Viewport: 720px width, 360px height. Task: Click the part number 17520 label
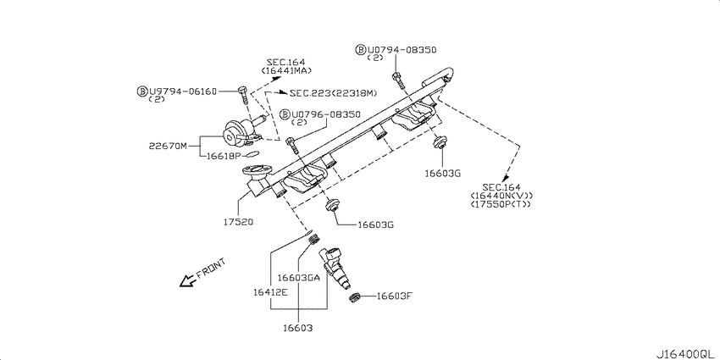[238, 222]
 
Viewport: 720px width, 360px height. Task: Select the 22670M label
[168, 146]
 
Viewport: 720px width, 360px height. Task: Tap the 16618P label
[224, 156]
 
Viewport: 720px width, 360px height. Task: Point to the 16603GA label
[298, 277]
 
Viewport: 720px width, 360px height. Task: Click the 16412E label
[270, 292]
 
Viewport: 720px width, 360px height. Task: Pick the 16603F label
[394, 296]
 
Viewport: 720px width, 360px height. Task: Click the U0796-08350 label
[320, 114]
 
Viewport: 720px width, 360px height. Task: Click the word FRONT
[211, 269]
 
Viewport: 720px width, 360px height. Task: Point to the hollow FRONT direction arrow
[188, 280]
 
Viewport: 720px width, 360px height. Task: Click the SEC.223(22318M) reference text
[333, 93]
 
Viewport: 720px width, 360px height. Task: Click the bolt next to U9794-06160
[243, 95]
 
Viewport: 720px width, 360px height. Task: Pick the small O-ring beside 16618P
[253, 155]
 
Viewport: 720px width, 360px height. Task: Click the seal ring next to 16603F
[354, 297]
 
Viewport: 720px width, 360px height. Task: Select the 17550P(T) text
[501, 204]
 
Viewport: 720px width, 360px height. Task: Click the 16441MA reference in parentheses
[286, 70]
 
